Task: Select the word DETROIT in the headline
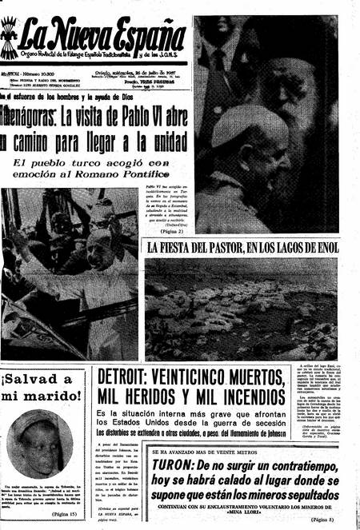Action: [130, 377]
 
